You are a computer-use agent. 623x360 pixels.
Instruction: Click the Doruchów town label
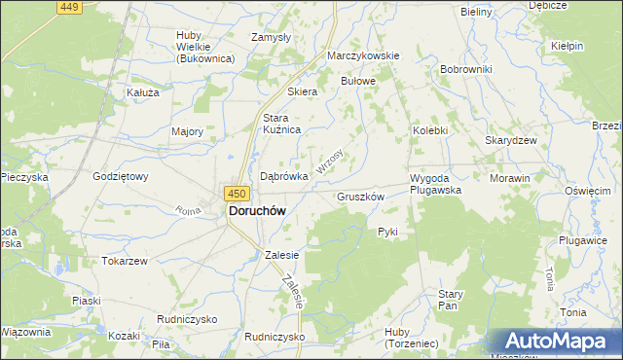256,209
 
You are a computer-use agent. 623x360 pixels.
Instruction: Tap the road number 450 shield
236,194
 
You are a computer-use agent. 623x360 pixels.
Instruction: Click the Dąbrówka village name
284,176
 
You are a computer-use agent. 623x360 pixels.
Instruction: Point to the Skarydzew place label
512,140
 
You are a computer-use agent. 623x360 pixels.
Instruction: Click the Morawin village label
510,179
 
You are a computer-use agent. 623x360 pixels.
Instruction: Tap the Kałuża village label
143,92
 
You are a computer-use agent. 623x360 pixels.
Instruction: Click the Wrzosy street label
331,162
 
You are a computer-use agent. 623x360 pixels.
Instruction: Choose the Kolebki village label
429,129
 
